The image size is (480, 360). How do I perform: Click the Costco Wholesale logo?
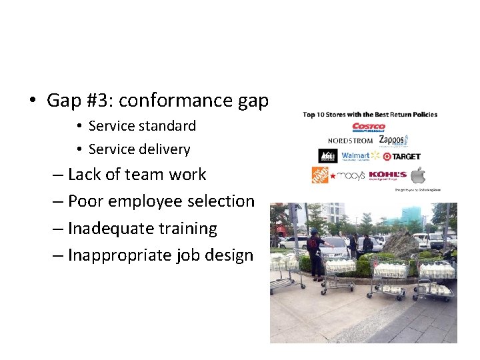(369, 127)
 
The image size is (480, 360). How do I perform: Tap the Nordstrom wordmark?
(351, 141)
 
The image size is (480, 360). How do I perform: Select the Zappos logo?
(393, 140)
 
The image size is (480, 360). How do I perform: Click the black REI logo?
(327, 156)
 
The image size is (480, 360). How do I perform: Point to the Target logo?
(402, 156)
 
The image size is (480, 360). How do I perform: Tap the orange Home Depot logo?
(320, 175)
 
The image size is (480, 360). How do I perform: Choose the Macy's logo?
(348, 175)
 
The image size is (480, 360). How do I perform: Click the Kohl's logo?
(387, 175)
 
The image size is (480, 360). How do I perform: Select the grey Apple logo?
(418, 175)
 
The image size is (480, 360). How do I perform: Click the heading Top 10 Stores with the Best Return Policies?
(370, 115)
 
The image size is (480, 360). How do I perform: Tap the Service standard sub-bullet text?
(142, 126)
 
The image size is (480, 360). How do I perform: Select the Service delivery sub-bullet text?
(139, 149)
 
